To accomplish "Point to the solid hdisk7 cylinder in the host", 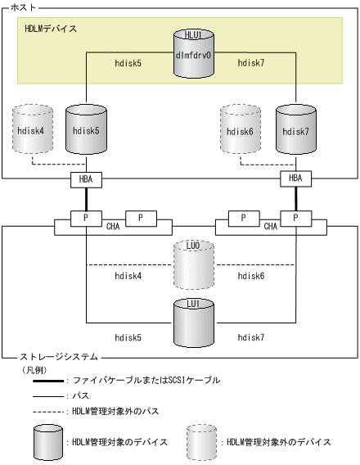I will (294, 129).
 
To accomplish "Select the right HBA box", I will (294, 178).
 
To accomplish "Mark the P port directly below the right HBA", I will (294, 219).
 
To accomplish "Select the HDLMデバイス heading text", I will (52, 29).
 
